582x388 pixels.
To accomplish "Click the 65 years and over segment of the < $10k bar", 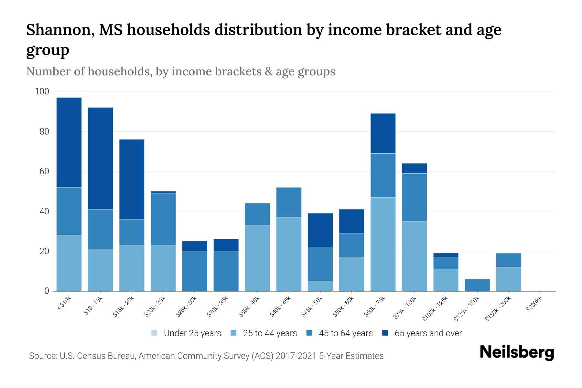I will (69, 142).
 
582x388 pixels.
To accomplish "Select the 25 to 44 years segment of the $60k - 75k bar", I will (383, 244).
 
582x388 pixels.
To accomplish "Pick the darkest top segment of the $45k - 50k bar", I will (320, 230).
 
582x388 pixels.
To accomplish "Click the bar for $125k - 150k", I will (477, 285).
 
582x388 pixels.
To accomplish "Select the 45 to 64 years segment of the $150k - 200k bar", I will (508, 260).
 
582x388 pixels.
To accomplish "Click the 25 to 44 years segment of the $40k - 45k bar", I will (289, 254).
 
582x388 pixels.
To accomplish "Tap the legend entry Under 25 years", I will (192, 333).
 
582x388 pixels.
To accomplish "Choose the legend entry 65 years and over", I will (428, 333).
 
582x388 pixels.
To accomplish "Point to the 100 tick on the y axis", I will (42, 92).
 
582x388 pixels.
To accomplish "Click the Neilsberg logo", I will (517, 352).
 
